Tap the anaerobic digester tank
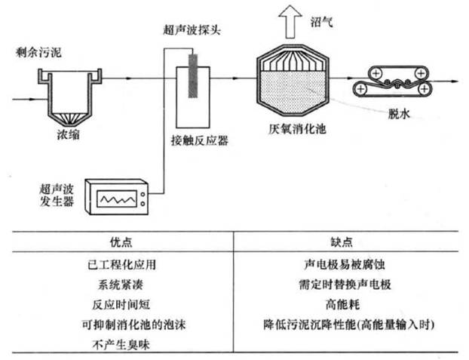[295, 80]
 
